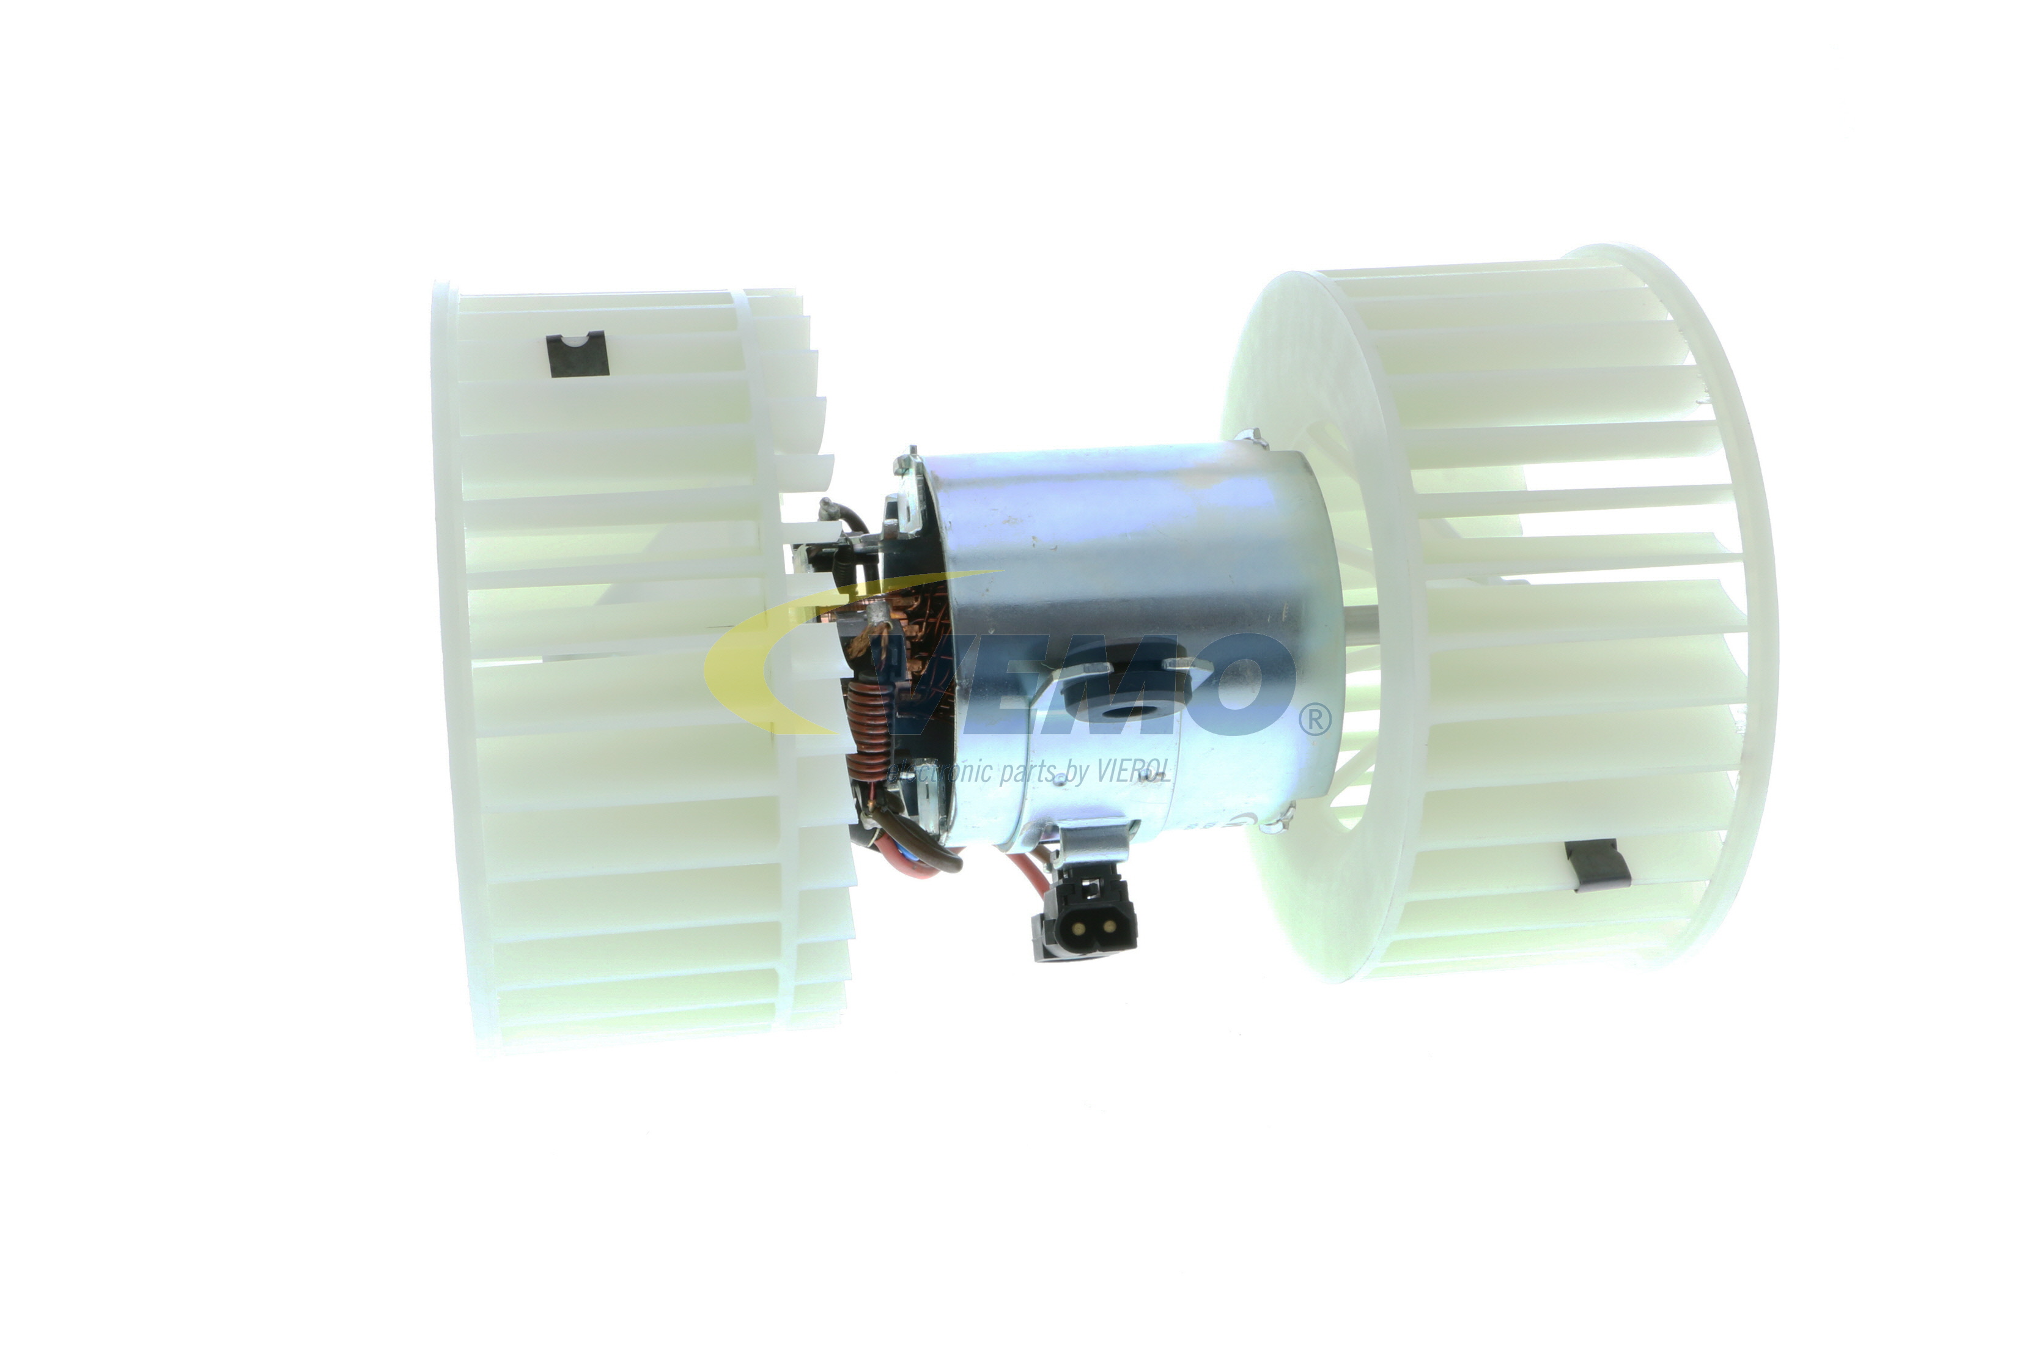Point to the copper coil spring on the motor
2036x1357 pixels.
click(866, 729)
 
